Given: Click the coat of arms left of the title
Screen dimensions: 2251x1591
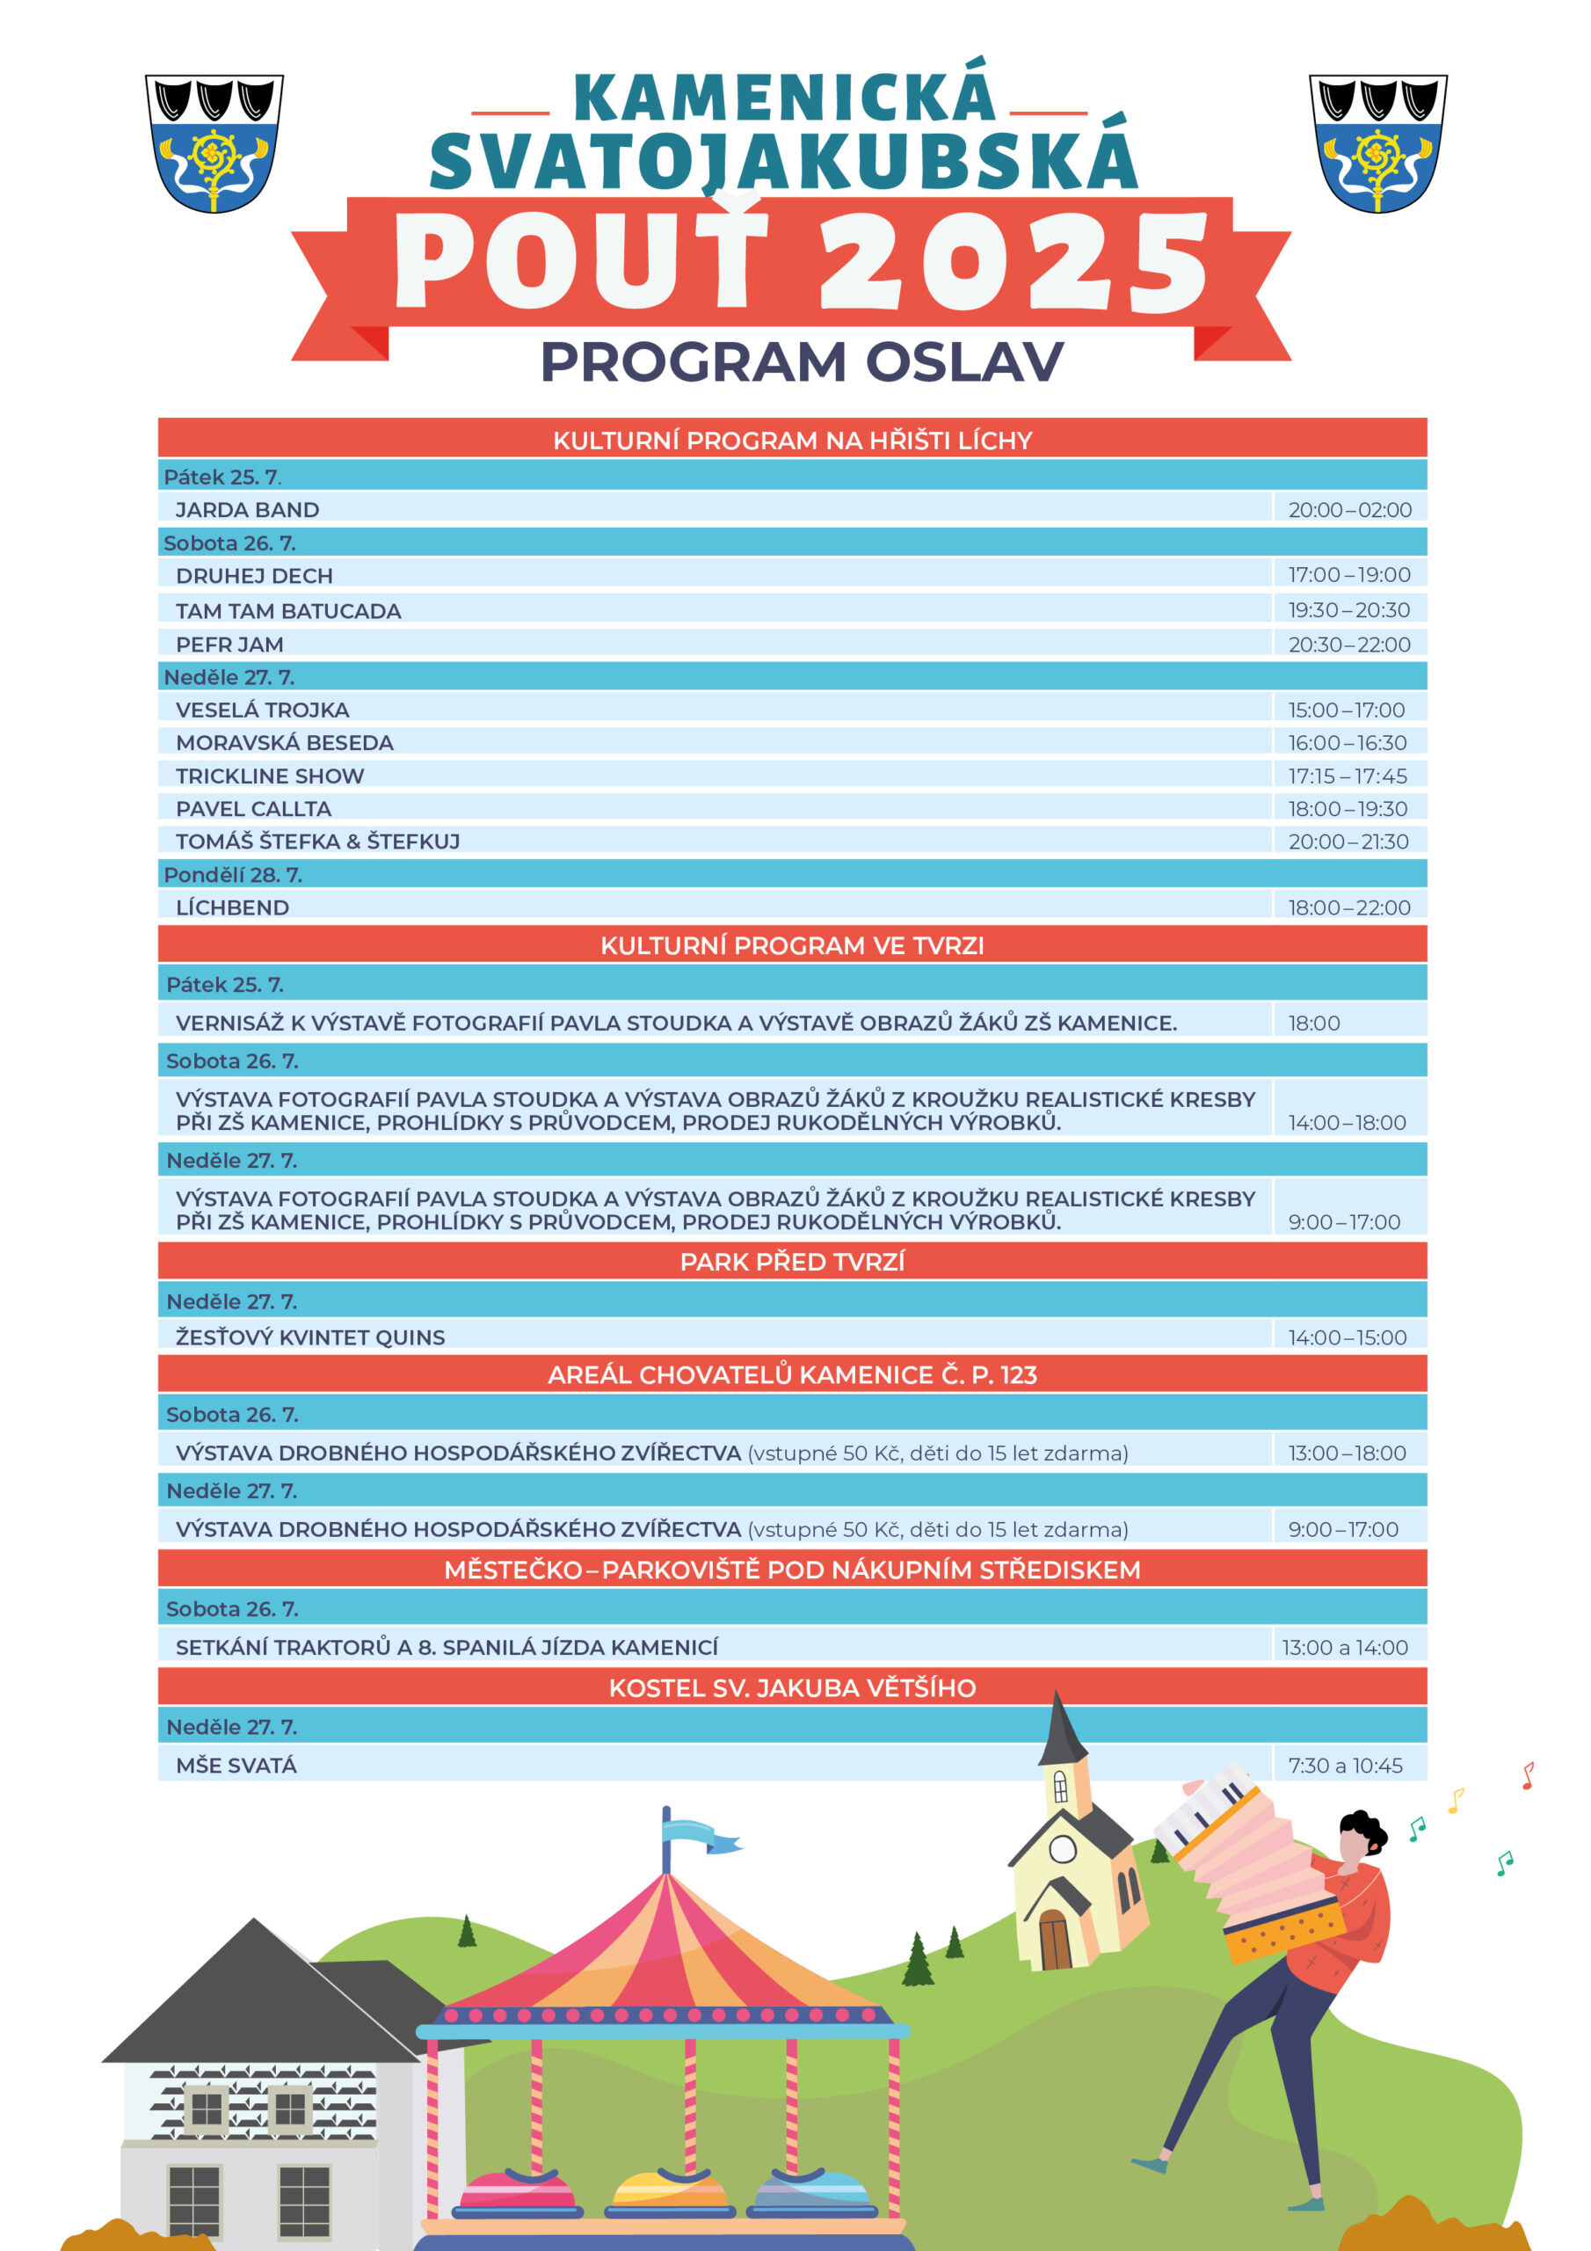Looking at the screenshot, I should tap(214, 143).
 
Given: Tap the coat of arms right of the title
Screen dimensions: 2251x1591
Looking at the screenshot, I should tap(1377, 143).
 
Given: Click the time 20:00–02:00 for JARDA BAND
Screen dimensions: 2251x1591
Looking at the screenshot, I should tap(1349, 510).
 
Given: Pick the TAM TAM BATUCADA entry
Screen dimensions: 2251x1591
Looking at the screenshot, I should tap(288, 611).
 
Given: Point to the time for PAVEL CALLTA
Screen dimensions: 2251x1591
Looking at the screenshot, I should tap(1347, 809).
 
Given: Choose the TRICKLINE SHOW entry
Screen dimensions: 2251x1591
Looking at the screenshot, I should tap(270, 776).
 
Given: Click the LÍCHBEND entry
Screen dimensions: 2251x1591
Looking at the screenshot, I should tap(232, 907).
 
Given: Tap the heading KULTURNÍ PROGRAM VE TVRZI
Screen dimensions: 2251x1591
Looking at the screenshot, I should tap(792, 945).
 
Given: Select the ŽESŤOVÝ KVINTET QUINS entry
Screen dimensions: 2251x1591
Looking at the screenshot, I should tap(309, 1337).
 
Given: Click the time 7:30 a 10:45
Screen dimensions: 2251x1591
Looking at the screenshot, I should tap(1345, 1766).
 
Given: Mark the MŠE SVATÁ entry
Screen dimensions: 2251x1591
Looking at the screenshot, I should tap(236, 1766).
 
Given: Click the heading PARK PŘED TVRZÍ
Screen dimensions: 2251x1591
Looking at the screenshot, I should tap(792, 1262).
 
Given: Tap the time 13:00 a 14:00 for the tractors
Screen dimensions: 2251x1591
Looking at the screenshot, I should tap(1344, 1647).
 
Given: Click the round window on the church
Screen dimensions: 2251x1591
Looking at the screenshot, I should tap(1063, 1849).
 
